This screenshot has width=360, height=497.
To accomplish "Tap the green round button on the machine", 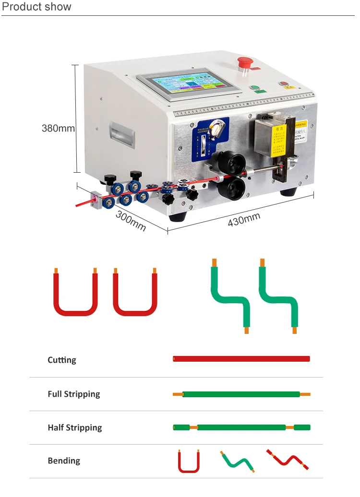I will click(254, 88).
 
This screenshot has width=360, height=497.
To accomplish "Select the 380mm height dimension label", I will click(58, 128).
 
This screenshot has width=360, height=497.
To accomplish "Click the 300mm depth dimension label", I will click(131, 221).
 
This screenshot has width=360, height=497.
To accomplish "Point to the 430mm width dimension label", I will click(244, 220).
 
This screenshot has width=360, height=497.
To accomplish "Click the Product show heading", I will click(37, 7).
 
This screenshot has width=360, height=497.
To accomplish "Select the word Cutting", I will click(62, 360).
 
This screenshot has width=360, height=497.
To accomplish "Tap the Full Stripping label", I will click(74, 394).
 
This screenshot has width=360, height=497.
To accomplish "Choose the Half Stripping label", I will click(75, 427).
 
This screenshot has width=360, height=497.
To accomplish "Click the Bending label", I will click(64, 461).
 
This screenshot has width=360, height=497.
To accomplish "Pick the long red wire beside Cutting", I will click(241, 359).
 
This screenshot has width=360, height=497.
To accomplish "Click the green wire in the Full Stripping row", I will click(241, 394).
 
